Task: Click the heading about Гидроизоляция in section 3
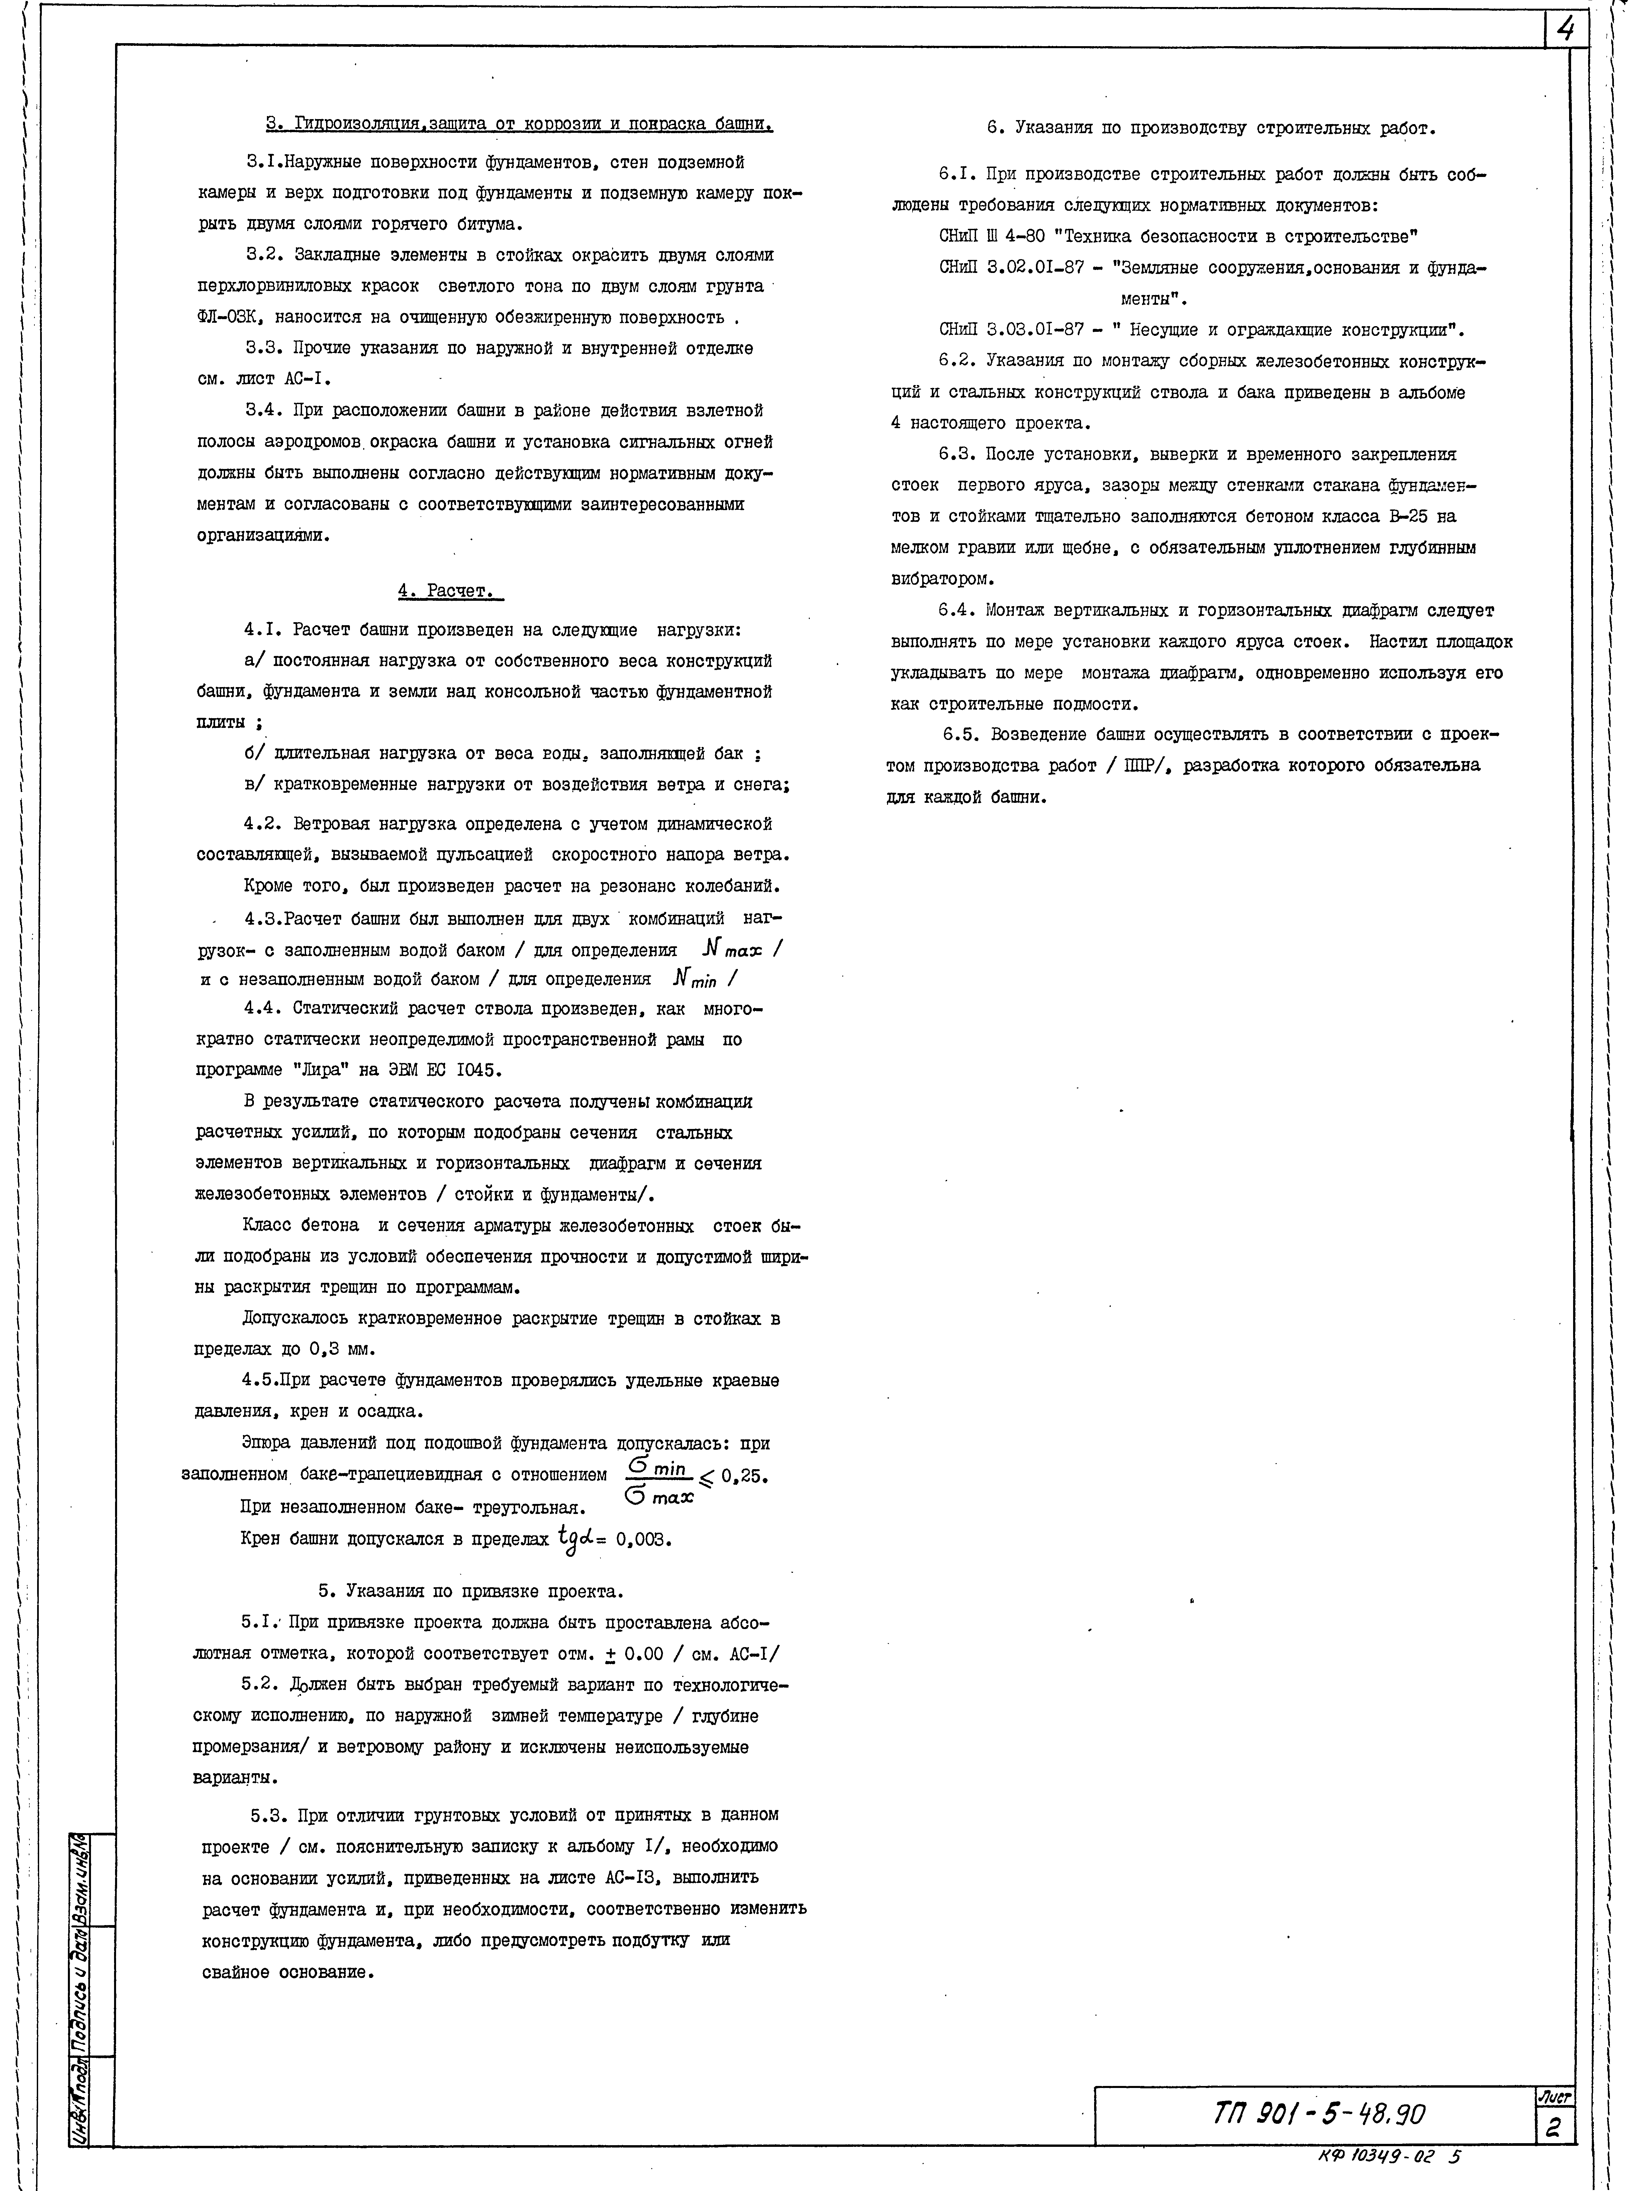point(519,125)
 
